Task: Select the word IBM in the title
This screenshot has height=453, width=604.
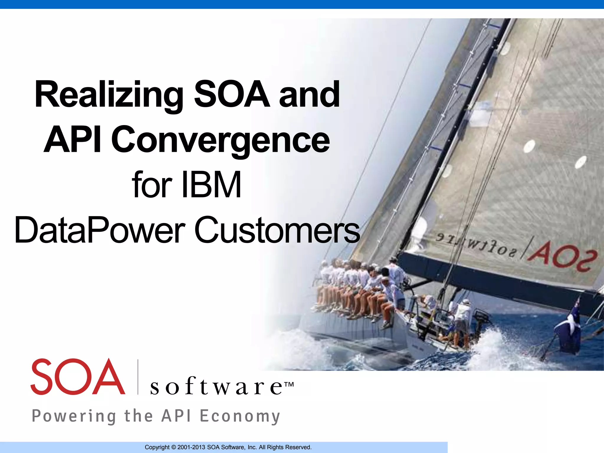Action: tap(212, 185)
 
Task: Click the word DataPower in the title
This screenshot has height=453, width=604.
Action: tap(100, 230)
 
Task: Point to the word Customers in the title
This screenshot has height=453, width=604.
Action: tap(277, 230)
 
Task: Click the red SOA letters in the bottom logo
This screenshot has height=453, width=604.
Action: tap(77, 377)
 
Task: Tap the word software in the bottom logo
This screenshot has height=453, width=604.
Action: tap(217, 386)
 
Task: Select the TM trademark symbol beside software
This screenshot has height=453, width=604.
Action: tap(289, 385)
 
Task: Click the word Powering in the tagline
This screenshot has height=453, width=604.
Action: tap(74, 416)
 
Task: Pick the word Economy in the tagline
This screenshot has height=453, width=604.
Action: tap(240, 416)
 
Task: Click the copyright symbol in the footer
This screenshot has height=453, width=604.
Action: tap(173, 447)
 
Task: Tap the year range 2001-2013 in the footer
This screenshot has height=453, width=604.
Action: tap(191, 447)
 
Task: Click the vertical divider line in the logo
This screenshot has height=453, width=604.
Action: tap(138, 377)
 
